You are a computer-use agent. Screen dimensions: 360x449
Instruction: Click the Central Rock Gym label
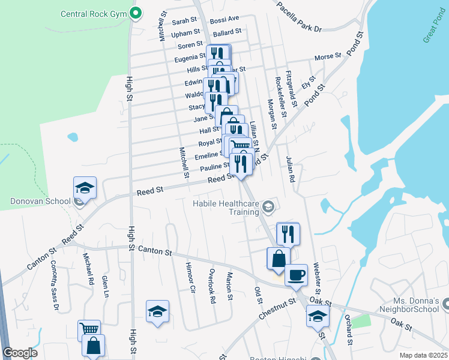pos(94,13)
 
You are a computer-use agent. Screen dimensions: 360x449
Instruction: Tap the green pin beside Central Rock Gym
pos(136,12)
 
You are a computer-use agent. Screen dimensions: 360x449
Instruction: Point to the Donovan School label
pos(37,202)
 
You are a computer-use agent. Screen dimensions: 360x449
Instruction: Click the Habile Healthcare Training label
pos(226,208)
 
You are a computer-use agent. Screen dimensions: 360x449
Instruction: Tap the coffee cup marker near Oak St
pos(295,274)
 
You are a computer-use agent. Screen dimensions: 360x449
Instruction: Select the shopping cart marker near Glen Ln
pos(89,329)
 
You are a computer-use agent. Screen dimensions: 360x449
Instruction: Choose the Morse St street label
pos(328,56)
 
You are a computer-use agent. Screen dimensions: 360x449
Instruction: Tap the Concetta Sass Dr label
pos(55,285)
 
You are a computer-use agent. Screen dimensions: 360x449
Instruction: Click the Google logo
pos(19,353)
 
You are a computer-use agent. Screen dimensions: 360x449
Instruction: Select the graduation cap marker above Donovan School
pos(85,188)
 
